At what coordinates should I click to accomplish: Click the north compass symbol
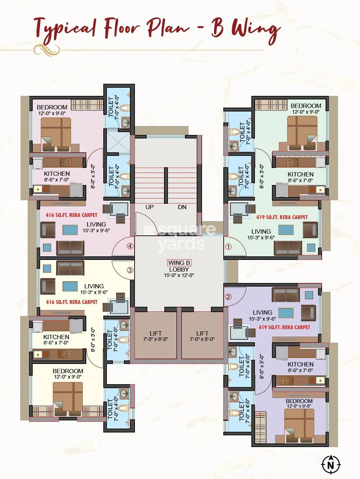click(331, 464)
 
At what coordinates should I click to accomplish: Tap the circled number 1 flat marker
click(228, 246)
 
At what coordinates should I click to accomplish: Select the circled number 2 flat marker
click(228, 297)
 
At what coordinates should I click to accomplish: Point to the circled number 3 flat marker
click(130, 270)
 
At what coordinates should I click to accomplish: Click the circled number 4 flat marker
click(130, 246)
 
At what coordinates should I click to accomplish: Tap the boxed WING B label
click(179, 263)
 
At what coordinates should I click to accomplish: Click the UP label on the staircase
click(149, 207)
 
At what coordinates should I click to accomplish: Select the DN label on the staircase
click(182, 207)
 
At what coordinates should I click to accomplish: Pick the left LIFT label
click(156, 333)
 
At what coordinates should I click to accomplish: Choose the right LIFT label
click(202, 333)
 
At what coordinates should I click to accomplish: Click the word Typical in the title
click(65, 28)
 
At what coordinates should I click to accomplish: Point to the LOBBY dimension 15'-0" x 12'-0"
click(179, 275)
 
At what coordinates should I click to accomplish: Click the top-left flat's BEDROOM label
click(52, 107)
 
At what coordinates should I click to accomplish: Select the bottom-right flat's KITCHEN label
click(300, 364)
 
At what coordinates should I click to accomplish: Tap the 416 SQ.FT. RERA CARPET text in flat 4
click(71, 215)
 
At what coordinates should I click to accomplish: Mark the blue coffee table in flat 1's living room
click(286, 230)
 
